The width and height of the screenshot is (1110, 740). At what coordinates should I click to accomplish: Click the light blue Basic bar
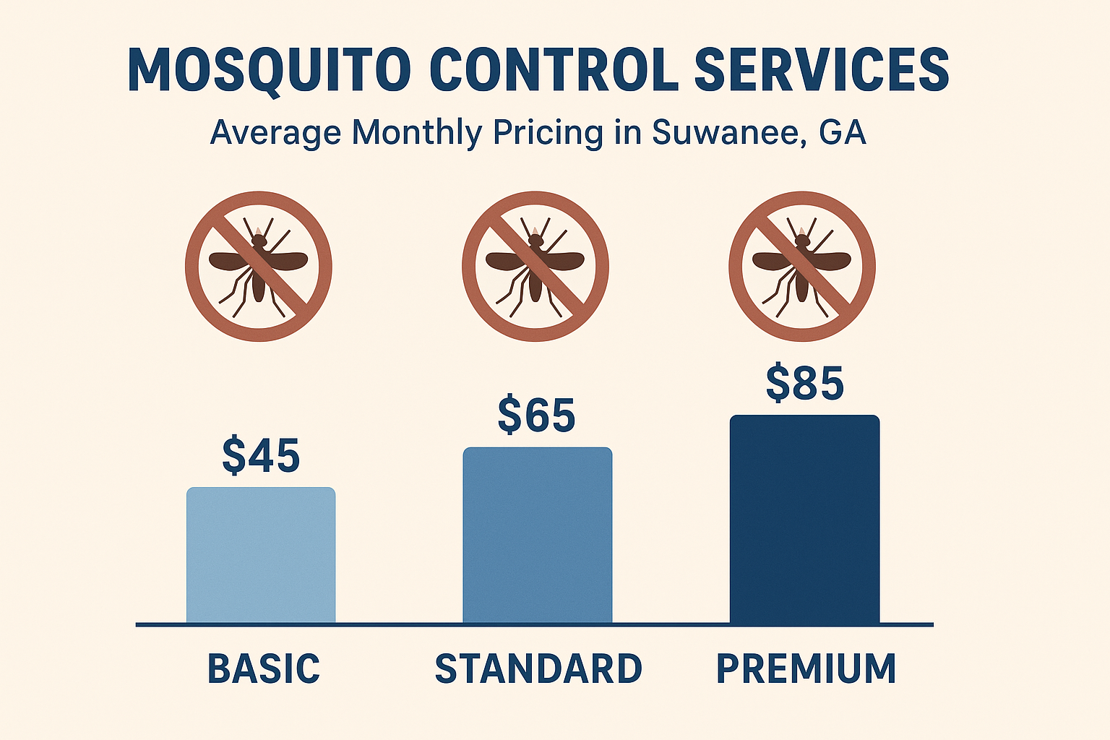[261, 554]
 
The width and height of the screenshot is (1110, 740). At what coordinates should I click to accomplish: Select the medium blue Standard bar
[538, 535]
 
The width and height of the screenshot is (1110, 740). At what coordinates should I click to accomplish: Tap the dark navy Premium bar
[804, 519]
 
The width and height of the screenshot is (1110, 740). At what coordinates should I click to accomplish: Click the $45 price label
[261, 455]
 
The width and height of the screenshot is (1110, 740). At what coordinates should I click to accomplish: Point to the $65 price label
[536, 415]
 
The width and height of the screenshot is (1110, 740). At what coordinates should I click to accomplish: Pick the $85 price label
[804, 383]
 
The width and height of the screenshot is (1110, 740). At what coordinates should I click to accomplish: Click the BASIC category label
[264, 668]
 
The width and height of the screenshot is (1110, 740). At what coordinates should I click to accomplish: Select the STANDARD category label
[538, 668]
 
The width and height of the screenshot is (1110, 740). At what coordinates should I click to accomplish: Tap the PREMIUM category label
[806, 668]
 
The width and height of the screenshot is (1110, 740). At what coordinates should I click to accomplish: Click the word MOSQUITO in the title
[269, 70]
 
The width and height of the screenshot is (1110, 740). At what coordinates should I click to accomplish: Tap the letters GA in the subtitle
[843, 133]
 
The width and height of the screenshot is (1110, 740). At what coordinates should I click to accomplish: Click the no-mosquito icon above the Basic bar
[259, 266]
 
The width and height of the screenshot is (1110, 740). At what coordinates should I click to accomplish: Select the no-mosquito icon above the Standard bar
[535, 266]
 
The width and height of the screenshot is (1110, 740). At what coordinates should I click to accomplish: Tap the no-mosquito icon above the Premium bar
[802, 266]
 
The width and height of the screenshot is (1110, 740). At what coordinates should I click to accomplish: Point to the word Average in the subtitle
[275, 133]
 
